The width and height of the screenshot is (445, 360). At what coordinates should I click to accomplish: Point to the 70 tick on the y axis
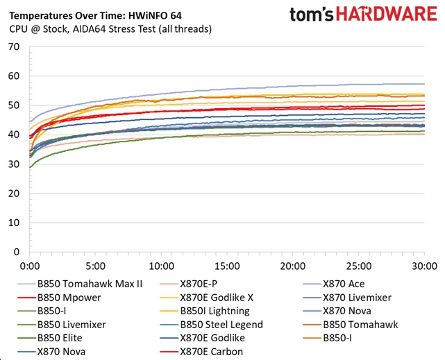coord(14,47)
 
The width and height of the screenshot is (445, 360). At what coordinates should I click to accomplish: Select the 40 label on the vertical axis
coord(14,135)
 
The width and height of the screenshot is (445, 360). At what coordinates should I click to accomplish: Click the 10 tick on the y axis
coord(14,223)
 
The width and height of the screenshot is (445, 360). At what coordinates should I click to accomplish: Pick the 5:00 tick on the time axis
coord(95,266)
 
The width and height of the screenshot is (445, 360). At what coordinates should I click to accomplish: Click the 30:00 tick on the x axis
coord(423,266)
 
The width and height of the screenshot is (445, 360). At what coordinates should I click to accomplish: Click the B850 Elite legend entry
coord(64,338)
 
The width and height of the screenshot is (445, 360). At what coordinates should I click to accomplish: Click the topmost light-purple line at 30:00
coord(423,84)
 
